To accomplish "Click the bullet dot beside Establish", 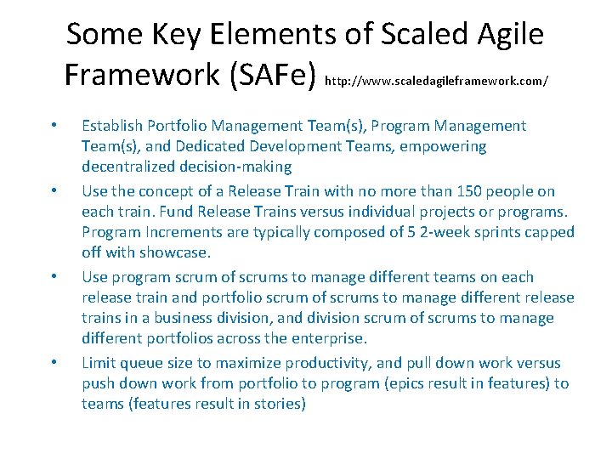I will pos(54,126).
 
